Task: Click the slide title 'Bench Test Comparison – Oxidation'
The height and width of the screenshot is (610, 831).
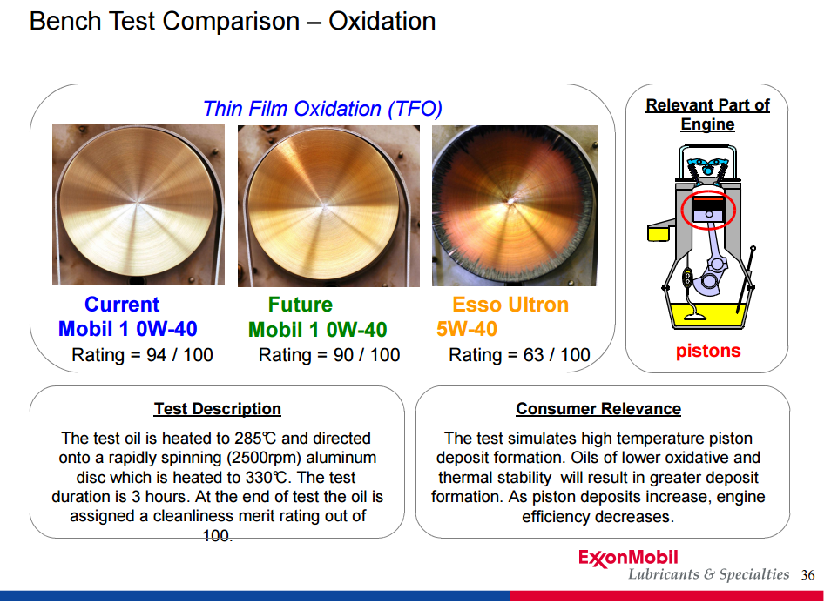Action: tap(233, 22)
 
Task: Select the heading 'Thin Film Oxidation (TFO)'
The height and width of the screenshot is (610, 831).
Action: tap(322, 109)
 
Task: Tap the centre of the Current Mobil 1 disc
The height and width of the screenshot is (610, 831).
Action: tap(138, 204)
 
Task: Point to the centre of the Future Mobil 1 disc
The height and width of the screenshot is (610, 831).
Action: tap(324, 204)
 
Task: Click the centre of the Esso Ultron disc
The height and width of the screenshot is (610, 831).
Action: tap(511, 201)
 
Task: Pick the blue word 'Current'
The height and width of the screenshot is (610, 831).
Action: tap(122, 305)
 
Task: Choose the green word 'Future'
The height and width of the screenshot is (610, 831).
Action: tap(300, 305)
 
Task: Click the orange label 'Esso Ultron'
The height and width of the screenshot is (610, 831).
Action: tap(510, 305)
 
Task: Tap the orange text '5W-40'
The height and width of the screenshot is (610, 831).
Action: tap(466, 329)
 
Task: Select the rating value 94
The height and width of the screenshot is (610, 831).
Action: tap(156, 355)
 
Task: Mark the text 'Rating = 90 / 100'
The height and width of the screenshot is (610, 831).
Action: tap(329, 355)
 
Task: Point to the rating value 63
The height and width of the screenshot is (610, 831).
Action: tap(534, 355)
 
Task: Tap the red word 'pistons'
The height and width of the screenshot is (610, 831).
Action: tap(708, 351)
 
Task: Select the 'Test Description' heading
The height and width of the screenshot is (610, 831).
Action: tap(217, 409)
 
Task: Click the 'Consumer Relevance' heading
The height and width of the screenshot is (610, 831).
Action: tap(598, 409)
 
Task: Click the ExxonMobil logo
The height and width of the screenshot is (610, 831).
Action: tap(628, 558)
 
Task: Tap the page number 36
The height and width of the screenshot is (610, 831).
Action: tap(807, 575)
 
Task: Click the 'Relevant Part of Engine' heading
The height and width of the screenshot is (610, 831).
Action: tap(707, 114)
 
